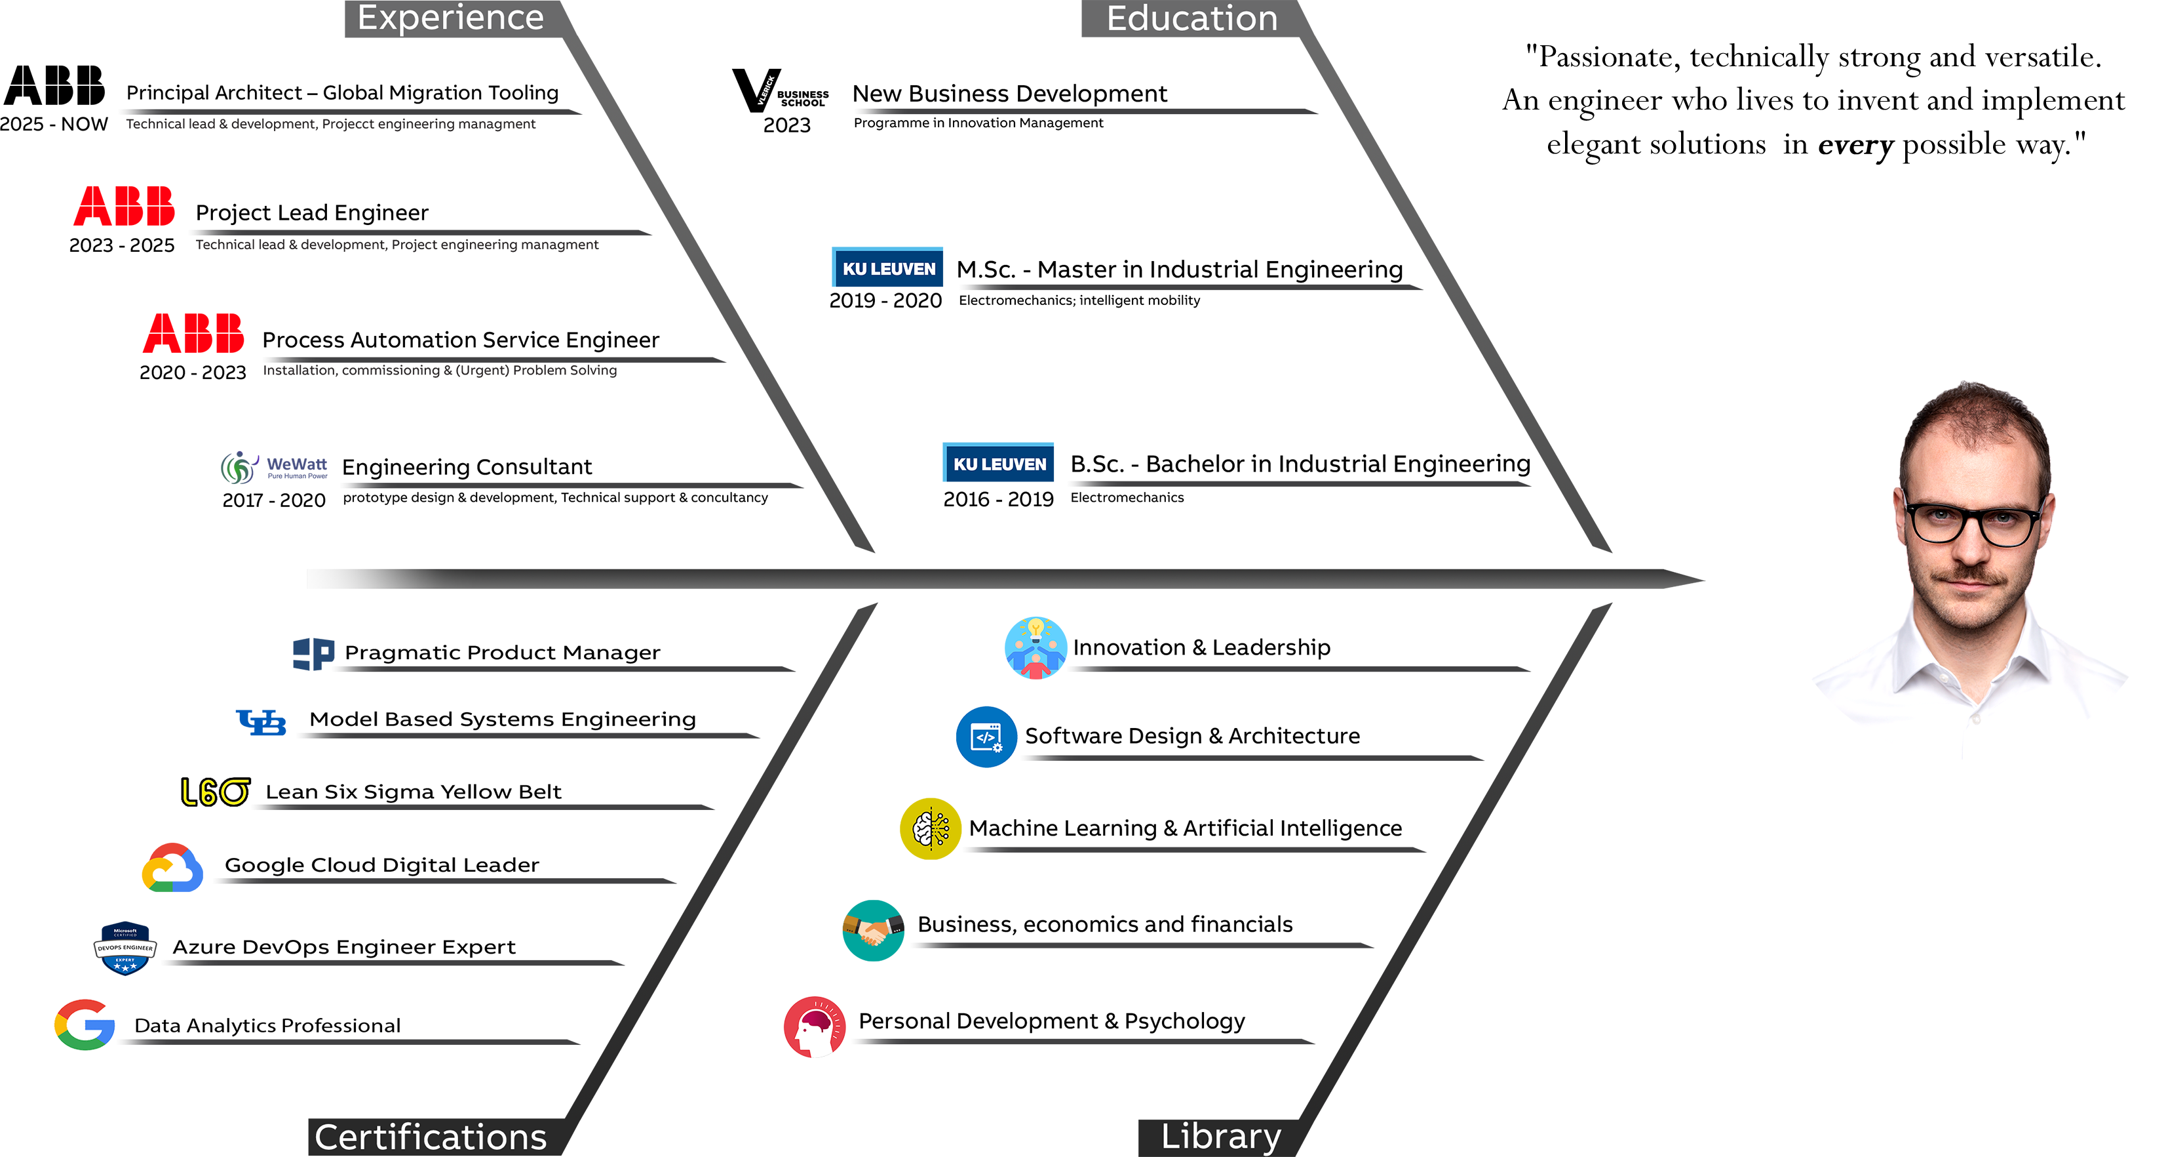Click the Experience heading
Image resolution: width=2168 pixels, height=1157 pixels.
point(450,18)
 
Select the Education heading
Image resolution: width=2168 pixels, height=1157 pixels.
point(1191,18)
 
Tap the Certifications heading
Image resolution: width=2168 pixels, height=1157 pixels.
point(430,1137)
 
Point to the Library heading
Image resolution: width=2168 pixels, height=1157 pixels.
point(1220,1136)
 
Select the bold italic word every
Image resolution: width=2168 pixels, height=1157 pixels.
point(1855,145)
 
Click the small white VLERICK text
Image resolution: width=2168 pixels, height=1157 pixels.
point(766,90)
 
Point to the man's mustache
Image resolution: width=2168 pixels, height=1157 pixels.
point(1972,575)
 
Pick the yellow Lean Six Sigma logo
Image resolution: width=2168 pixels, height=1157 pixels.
point(214,792)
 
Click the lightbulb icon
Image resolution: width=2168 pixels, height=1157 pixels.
point(1036,628)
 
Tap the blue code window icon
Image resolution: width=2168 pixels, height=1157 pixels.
point(986,738)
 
